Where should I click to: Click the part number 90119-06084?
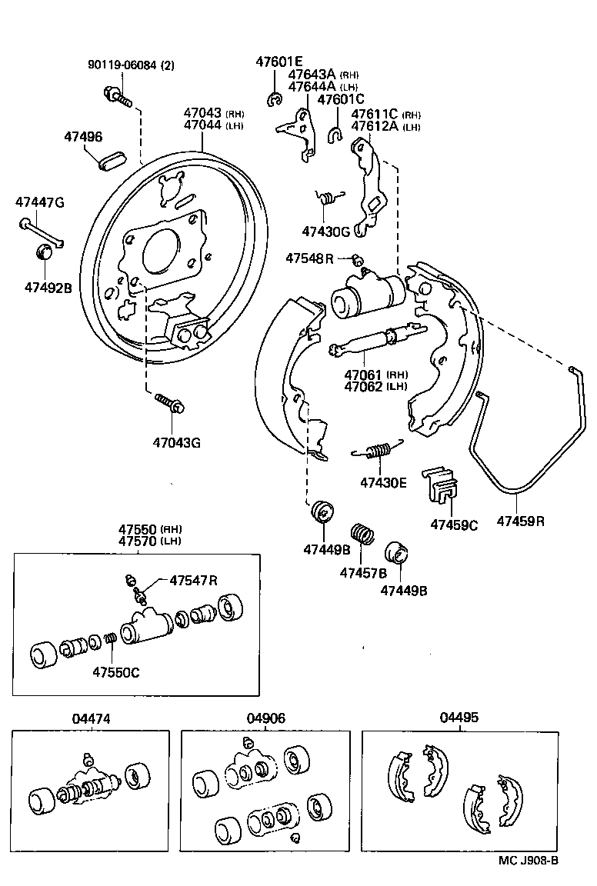pyautogui.click(x=120, y=65)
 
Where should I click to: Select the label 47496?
pyautogui.click(x=82, y=137)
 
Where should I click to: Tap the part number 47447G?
pyautogui.click(x=39, y=203)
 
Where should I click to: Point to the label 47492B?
pyautogui.click(x=48, y=288)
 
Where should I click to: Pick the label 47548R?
pyautogui.click(x=309, y=258)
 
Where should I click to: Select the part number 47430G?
pyautogui.click(x=325, y=231)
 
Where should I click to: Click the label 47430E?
pyautogui.click(x=382, y=483)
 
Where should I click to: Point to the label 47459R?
pyautogui.click(x=520, y=521)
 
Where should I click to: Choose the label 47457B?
pyautogui.click(x=363, y=572)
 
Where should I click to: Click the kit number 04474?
pyautogui.click(x=91, y=718)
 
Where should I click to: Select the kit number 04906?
pyautogui.click(x=266, y=718)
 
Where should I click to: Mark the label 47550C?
pyautogui.click(x=116, y=671)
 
